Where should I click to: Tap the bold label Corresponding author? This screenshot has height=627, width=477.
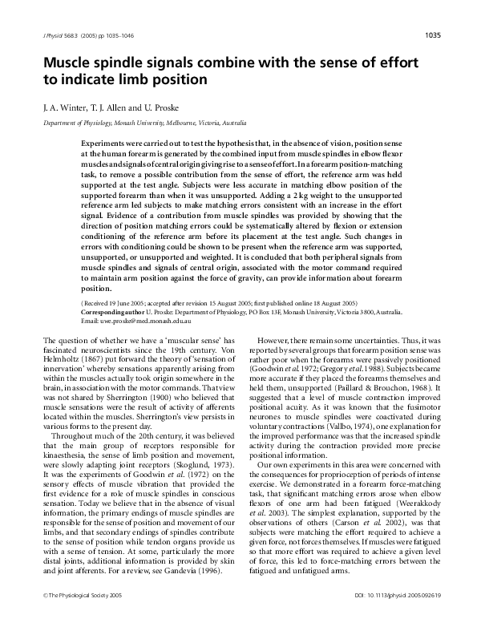pos(118,313)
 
